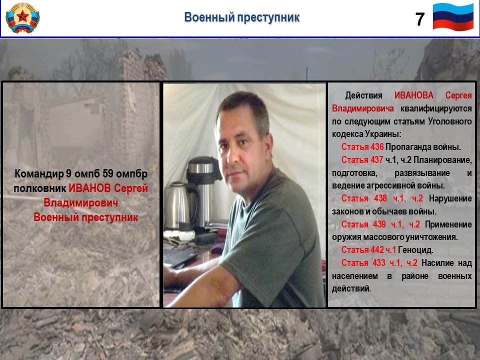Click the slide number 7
point(419,19)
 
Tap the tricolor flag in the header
point(453,17)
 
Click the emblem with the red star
point(22,18)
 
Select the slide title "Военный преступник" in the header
point(242,17)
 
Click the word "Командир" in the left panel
point(39,174)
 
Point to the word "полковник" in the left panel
point(40,188)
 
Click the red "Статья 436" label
point(362,147)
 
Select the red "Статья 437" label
point(362,160)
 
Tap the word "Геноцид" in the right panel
point(415,250)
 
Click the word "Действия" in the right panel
point(363,95)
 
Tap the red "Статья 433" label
point(363,263)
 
